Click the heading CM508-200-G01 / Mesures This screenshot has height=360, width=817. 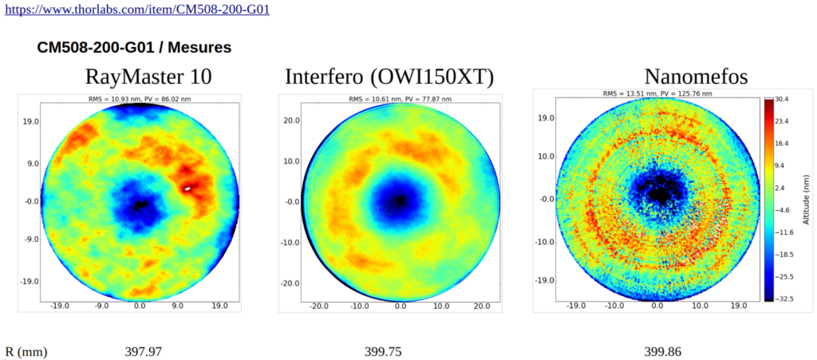pos(134,48)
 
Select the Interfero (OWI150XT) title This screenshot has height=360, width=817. pos(389,77)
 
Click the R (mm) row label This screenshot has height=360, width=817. pos(26,351)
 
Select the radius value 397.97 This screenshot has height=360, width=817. pos(149,351)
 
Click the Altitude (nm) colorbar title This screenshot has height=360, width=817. pos(808,200)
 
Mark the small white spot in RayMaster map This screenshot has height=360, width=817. pos(188,189)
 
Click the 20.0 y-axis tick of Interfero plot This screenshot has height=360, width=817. pos(290,120)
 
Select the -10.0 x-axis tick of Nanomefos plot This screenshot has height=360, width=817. pos(614,306)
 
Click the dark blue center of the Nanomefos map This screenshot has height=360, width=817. pos(658,193)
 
